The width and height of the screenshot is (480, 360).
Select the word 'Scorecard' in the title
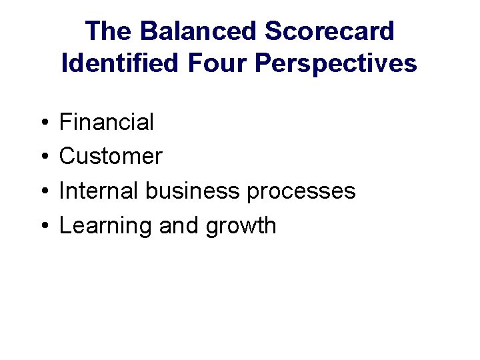[329, 31]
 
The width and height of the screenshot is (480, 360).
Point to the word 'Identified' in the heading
[120, 63]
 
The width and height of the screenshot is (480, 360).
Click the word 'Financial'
[107, 122]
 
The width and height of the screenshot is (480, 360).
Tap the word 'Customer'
[111, 157]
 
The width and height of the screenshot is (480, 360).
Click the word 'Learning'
[106, 227]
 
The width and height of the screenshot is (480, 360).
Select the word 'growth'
[241, 227]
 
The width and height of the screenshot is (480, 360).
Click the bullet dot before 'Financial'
[42, 123]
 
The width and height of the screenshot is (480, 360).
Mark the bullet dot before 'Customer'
[42, 157]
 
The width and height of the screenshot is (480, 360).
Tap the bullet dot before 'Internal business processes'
[42, 192]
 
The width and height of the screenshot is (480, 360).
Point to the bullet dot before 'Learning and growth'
[42, 227]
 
